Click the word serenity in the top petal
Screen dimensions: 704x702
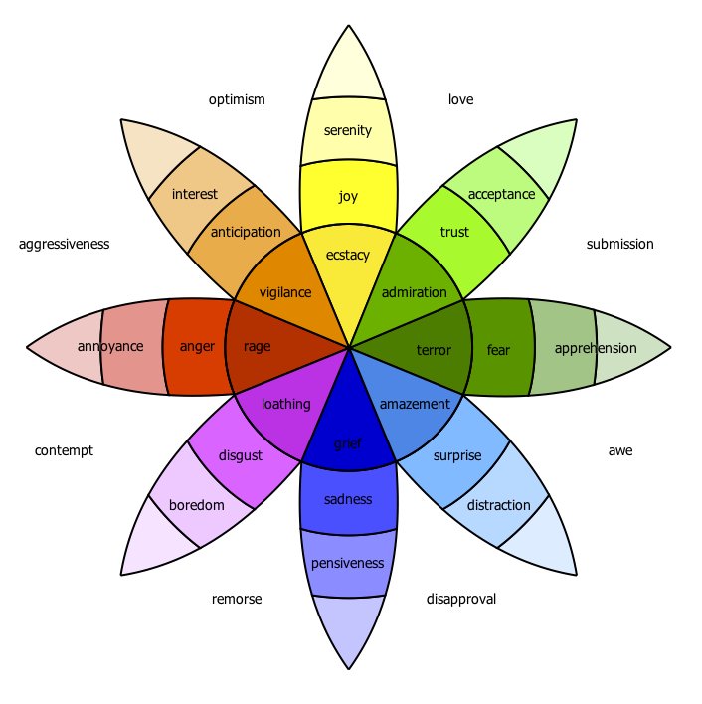[347, 130]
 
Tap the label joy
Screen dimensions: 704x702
[347, 196]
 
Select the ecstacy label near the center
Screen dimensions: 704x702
[347, 255]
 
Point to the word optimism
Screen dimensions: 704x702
[237, 100]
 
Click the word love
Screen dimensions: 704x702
[460, 100]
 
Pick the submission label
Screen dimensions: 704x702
[619, 244]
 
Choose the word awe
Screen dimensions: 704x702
[619, 450]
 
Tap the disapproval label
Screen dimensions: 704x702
[460, 599]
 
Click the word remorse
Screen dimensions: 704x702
[237, 599]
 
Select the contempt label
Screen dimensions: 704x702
[64, 450]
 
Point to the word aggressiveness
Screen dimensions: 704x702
[64, 244]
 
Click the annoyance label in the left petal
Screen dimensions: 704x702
[110, 347]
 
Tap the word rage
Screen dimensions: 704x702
[257, 347]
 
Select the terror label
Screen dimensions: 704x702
[434, 350]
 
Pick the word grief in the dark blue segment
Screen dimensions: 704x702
[347, 442]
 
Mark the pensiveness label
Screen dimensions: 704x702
[347, 564]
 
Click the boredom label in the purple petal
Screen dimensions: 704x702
[196, 505]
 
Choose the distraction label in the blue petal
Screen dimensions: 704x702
[498, 505]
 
